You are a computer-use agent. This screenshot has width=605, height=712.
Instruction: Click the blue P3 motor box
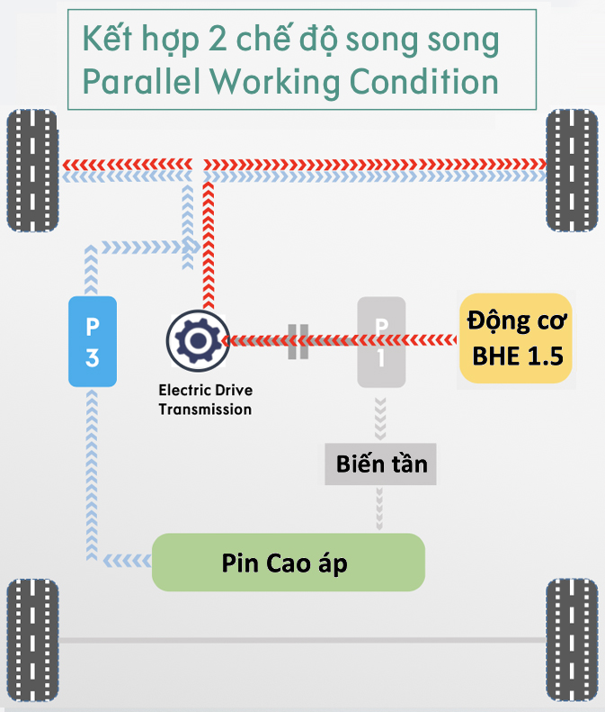[93, 341]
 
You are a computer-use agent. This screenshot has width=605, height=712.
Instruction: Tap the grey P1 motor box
[381, 342]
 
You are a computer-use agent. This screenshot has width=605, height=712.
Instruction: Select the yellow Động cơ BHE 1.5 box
[516, 338]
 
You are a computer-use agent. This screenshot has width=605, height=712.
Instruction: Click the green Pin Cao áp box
[289, 563]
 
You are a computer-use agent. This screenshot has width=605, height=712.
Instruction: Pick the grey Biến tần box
[380, 464]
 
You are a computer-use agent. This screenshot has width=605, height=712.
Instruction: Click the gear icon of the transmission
[198, 341]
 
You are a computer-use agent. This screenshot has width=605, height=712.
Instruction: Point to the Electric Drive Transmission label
[205, 400]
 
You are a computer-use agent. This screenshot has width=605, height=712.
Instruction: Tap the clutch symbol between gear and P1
[298, 341]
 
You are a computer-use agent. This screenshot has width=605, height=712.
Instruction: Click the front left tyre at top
[32, 170]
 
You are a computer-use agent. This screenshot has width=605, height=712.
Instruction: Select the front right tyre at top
[572, 170]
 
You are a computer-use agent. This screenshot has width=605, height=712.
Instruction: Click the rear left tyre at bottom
[32, 640]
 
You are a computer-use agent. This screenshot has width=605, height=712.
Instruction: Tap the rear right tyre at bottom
[572, 640]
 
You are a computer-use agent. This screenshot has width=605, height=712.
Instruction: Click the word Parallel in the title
[141, 81]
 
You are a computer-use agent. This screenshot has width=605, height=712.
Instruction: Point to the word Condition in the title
[424, 81]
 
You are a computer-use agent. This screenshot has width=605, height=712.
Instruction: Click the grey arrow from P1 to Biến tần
[380, 419]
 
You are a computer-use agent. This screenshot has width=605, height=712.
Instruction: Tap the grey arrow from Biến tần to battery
[379, 509]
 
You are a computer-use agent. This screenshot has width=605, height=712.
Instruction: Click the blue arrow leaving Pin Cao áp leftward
[128, 561]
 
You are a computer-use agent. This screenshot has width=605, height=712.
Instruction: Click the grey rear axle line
[302, 640]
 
